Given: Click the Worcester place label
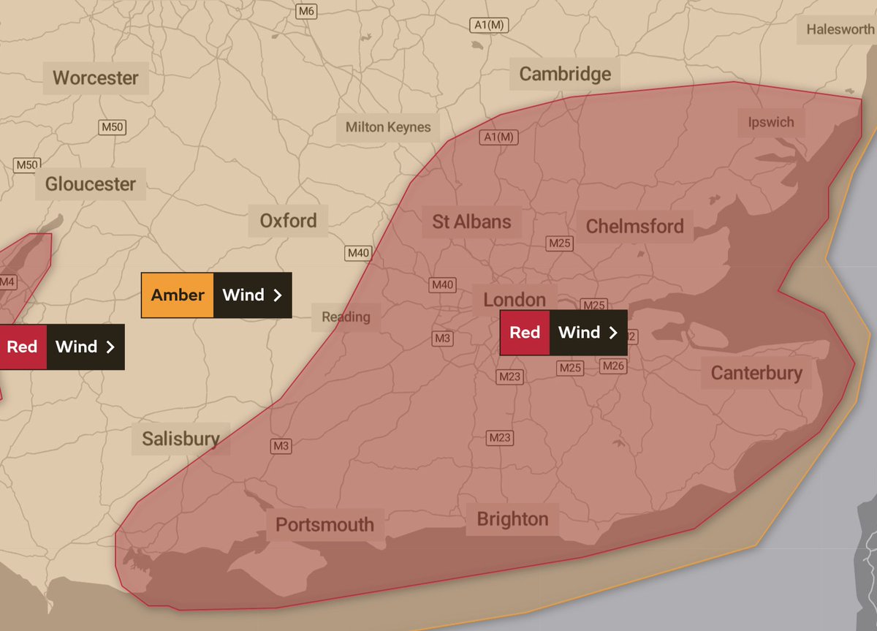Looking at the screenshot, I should click(96, 78).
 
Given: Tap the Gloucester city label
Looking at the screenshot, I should click(91, 184).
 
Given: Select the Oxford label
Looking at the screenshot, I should click(289, 220).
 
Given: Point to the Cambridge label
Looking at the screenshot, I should click(565, 74).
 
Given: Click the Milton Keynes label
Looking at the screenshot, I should click(388, 127).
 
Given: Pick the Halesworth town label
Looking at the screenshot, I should click(840, 29).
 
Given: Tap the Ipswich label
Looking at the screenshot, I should click(770, 122).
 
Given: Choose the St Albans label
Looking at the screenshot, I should click(471, 222).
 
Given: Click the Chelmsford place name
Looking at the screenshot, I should click(634, 226).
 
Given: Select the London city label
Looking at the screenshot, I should click(515, 299).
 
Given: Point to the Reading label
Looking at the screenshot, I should click(346, 317).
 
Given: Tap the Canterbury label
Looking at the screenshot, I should click(756, 373).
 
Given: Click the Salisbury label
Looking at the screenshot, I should click(181, 439).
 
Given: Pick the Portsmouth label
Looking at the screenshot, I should click(324, 524).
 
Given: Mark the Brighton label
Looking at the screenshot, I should click(512, 519).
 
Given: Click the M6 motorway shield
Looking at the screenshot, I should click(305, 12).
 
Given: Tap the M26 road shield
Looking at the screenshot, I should click(614, 366).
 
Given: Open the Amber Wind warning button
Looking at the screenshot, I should click(216, 295).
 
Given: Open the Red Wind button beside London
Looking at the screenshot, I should click(563, 333).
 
